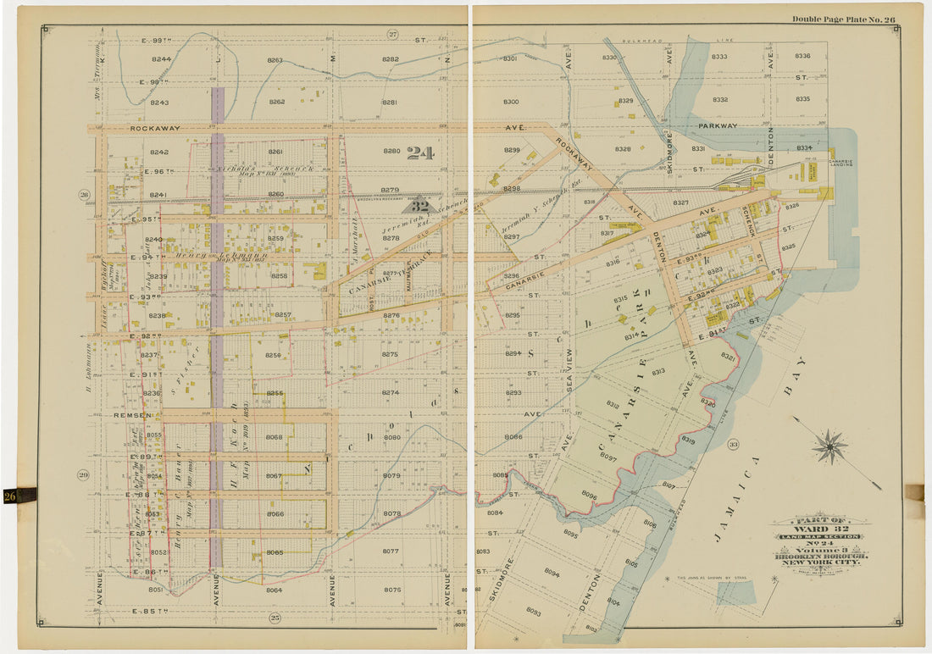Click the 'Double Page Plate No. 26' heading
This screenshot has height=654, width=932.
[x=844, y=19]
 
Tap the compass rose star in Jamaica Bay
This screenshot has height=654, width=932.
[x=830, y=446]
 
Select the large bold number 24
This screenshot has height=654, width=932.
[x=419, y=153]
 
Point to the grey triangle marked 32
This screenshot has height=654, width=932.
[x=419, y=205]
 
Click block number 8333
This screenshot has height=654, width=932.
[x=719, y=57]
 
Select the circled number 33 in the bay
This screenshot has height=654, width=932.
[x=734, y=444]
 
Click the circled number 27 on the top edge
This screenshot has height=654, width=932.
[x=392, y=34]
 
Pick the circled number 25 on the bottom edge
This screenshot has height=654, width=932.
[x=275, y=618]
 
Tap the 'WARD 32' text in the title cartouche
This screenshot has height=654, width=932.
[x=819, y=528]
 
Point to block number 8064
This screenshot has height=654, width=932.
[x=274, y=590]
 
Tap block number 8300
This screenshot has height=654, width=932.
[x=511, y=102]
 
